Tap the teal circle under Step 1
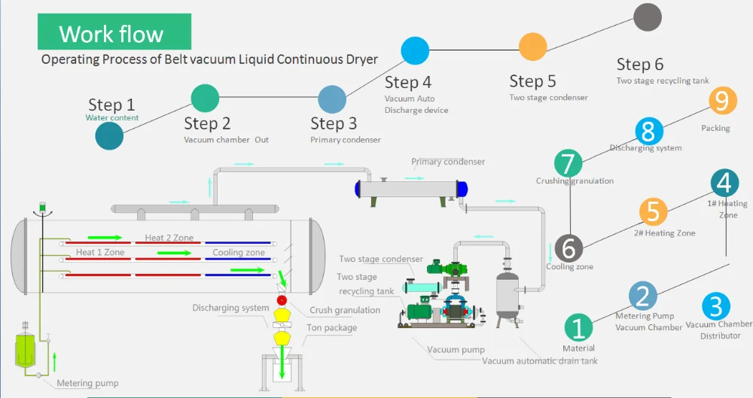(x=109, y=135)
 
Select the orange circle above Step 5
(x=532, y=47)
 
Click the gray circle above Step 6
(x=648, y=17)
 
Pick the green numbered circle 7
(x=569, y=163)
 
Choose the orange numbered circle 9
(x=723, y=101)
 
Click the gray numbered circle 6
(x=569, y=248)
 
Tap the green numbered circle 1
(x=578, y=328)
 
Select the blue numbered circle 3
(x=716, y=306)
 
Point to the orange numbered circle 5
(x=653, y=212)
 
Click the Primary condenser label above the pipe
(x=448, y=162)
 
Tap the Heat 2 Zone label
(x=169, y=238)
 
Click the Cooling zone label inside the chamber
(x=238, y=253)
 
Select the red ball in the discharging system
(x=282, y=301)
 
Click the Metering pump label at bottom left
(x=87, y=384)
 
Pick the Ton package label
(x=331, y=328)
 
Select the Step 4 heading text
(x=408, y=83)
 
